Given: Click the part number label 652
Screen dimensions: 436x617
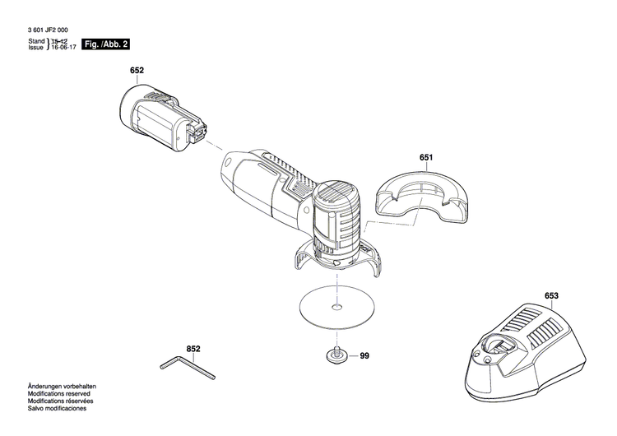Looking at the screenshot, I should [137, 71].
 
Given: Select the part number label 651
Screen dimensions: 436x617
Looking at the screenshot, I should [425, 156].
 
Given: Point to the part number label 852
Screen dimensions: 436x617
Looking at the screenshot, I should [193, 349].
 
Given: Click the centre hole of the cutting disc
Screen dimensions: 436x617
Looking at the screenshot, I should [335, 309].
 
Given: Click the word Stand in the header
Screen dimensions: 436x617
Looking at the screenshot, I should [36, 41].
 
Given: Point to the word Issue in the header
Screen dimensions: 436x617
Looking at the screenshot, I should [36, 49].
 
